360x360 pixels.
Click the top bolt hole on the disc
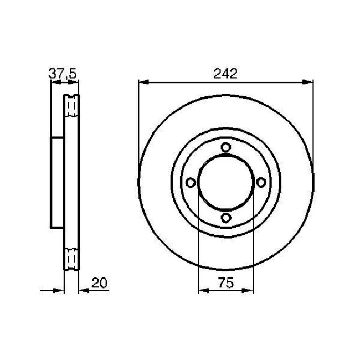point(225,147)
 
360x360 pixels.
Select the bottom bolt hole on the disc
point(225,218)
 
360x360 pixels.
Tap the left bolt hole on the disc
point(190,182)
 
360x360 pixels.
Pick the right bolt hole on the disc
point(260,182)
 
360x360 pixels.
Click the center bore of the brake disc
point(225,182)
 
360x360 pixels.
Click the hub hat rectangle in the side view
point(58,182)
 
